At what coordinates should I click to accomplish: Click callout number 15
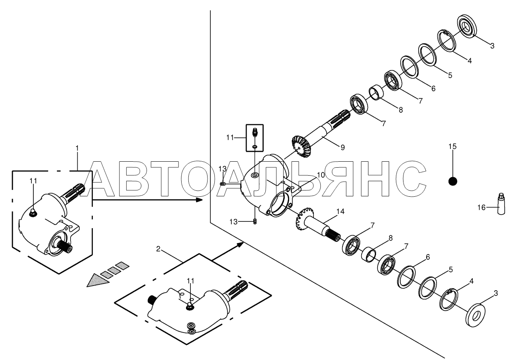click(x=452, y=147)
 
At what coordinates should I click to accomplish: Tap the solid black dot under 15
click(x=452, y=181)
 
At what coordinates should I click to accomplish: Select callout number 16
click(x=482, y=207)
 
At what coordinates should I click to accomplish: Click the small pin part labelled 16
click(x=501, y=203)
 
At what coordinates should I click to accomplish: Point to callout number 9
click(x=342, y=147)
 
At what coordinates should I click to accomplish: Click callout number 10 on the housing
click(x=321, y=175)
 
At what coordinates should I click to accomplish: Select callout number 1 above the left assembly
click(x=77, y=148)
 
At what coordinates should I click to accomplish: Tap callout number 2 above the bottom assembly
click(x=158, y=249)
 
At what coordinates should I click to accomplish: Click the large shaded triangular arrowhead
click(x=98, y=280)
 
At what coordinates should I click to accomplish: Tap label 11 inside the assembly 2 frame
click(x=190, y=281)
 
